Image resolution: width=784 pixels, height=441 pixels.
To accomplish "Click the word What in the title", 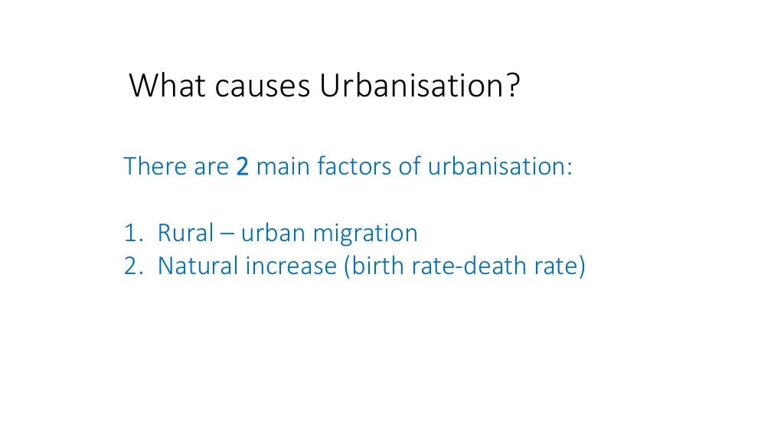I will [166, 86].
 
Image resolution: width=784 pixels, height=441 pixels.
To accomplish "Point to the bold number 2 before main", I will [243, 166].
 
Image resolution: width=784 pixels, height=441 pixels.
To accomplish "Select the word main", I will [284, 165].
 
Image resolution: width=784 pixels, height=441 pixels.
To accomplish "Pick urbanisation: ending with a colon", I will [499, 165].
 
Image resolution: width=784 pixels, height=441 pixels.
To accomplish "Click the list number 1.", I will [131, 233].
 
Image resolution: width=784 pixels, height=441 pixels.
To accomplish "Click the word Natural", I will [198, 266].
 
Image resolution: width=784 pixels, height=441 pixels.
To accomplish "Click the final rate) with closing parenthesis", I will [562, 266].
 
